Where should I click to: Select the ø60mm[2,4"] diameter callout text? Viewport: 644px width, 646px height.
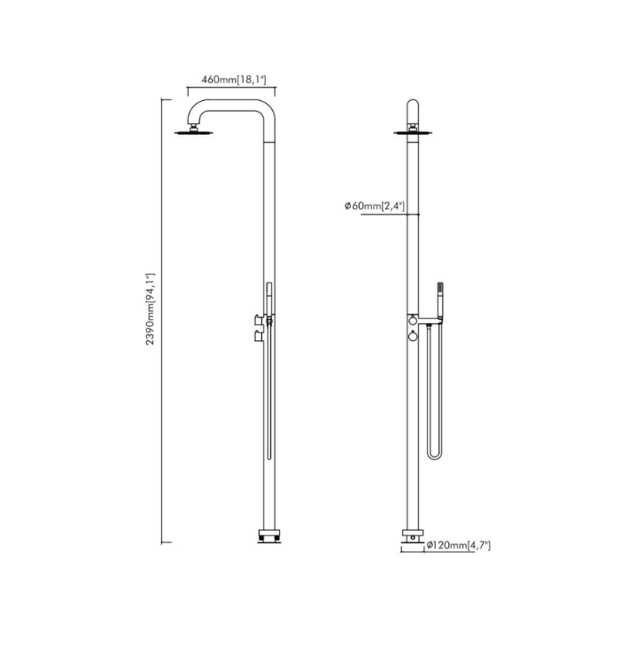pos(375,206)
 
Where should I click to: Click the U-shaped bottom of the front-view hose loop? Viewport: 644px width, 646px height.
pos(433,456)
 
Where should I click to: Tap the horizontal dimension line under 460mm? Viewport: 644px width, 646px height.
pos(230,88)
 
